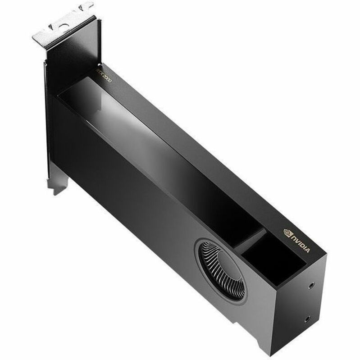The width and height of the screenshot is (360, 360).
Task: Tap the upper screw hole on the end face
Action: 310,286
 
